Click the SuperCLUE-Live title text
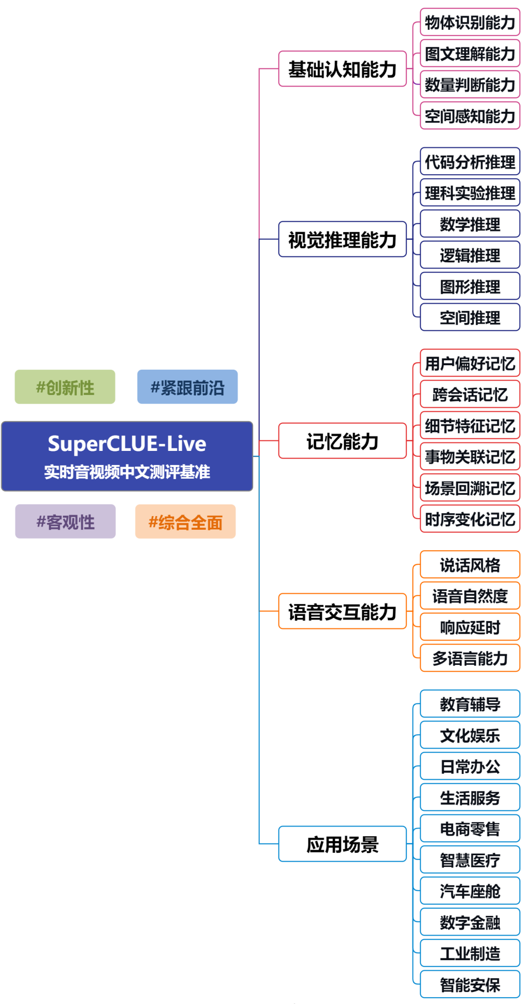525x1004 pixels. coord(127,444)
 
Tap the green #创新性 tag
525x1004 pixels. coord(65,387)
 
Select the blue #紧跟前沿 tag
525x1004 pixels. coord(187,387)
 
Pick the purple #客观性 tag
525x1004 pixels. coord(65,521)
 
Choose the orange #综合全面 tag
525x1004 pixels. coord(185,522)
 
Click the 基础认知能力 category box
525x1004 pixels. coord(342,69)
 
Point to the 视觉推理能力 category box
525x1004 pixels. coord(342,239)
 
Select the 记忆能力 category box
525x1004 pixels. coord(342,441)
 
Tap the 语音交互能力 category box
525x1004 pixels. coord(342,611)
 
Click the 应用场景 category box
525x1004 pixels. coord(342,844)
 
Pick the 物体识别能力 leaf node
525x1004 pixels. coord(470,22)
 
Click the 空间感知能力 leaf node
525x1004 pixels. coord(470,116)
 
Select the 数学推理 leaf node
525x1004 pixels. coord(470,224)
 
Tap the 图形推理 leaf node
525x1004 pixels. coord(470,286)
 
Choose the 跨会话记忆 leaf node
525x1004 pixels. coord(470,394)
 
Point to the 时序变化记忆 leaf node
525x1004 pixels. coord(470,519)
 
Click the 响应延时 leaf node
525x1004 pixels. coord(470,627)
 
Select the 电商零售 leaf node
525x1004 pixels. coord(470,828)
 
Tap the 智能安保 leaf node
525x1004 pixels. coord(470,985)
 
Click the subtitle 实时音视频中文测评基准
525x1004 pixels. coord(127,471)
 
